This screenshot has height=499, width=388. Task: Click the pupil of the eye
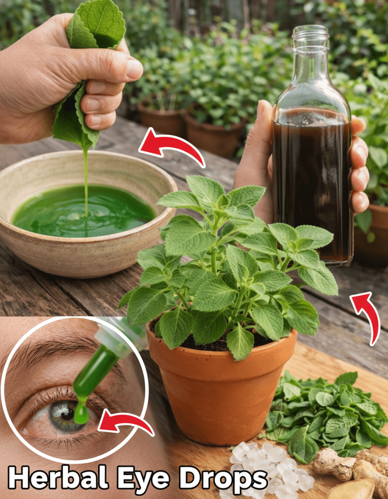[x=68, y=414]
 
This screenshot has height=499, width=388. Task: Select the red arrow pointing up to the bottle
[x=367, y=315]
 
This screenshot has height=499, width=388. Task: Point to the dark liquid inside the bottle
[x=312, y=185]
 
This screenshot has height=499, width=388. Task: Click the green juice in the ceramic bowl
[x=83, y=210]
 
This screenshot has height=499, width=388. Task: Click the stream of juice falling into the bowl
[x=86, y=181]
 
